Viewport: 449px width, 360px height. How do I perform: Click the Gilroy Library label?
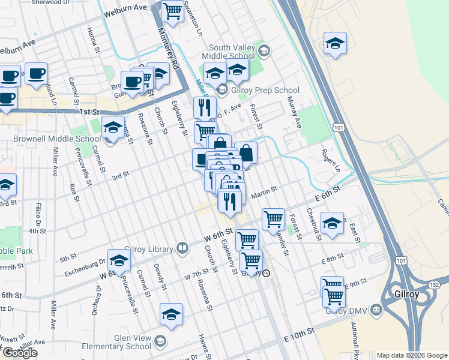149,248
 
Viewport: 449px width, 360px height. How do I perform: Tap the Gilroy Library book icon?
182,248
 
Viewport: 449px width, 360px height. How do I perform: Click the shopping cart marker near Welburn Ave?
172,11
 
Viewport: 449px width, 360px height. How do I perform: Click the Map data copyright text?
412,355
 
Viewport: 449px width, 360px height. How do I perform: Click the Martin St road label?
264,191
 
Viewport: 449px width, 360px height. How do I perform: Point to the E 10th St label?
300,332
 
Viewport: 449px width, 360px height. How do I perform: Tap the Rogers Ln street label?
331,161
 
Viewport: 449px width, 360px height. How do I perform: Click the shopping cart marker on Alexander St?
273,219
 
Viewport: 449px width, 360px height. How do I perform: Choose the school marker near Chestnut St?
332,223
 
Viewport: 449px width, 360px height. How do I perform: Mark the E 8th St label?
331,259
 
